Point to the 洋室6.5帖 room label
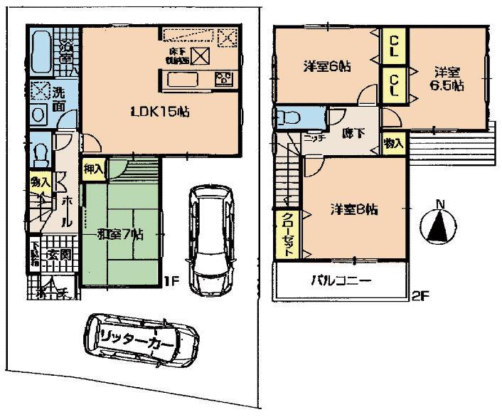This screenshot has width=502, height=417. [449, 79]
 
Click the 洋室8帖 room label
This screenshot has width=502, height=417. [353, 210]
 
